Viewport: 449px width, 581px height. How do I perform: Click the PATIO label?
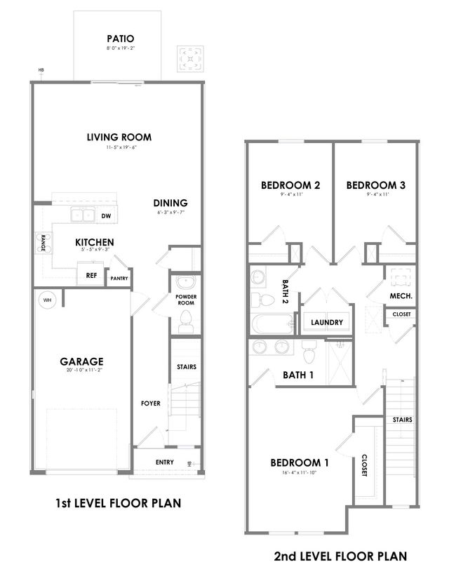120,39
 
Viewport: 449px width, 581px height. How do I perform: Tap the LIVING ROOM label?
119,137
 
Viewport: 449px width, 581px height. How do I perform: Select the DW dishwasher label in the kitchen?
106,216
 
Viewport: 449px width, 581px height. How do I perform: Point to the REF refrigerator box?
91,276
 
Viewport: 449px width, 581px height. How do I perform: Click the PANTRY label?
118,279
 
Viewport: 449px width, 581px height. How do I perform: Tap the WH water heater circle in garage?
48,300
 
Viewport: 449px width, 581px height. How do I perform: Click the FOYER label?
150,403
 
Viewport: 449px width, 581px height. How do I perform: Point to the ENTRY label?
165,462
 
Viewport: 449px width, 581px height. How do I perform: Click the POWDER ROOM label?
186,300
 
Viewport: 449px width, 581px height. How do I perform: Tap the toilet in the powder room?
186,323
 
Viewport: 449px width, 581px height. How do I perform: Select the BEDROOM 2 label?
290,185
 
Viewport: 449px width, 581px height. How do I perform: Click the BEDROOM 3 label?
375,185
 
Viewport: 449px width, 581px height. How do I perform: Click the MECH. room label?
401,297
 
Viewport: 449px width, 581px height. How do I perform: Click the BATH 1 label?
298,375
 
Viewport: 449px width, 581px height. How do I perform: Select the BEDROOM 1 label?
300,463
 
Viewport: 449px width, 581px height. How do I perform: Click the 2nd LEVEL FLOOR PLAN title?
340,556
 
